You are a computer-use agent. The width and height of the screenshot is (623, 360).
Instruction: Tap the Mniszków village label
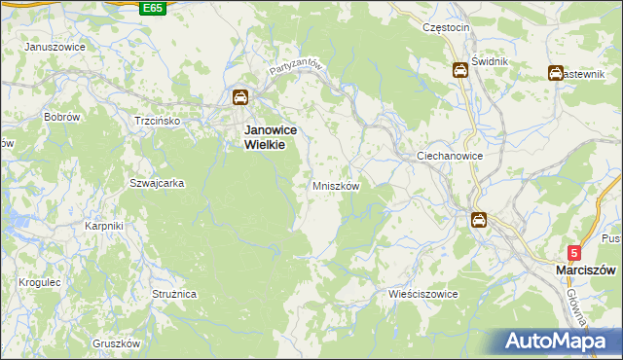[x=337, y=185]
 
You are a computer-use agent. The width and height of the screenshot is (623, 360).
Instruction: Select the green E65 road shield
[x=152, y=8]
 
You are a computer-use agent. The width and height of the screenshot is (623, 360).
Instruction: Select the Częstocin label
[x=447, y=28]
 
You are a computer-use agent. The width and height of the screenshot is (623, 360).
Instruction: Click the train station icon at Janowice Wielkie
[x=240, y=97]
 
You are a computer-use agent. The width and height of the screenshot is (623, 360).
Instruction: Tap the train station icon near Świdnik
[x=458, y=70]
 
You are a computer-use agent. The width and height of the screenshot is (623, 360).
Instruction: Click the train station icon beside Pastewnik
[x=555, y=72]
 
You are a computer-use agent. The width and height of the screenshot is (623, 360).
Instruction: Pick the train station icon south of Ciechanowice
[x=479, y=220]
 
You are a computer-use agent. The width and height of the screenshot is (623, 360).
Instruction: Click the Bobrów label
[x=61, y=117]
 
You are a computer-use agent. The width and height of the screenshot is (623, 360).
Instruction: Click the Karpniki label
[x=103, y=227]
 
